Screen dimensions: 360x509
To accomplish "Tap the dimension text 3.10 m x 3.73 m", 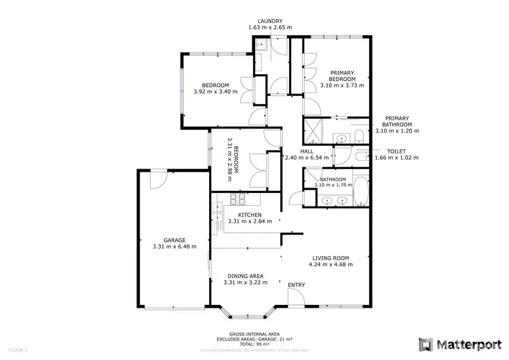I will pyautogui.click(x=342, y=86).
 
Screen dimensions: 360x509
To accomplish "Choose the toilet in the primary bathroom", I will pyautogui.click(x=360, y=134).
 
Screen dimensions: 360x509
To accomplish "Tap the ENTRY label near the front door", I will pyautogui.click(x=297, y=285).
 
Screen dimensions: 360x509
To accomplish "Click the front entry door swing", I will pyautogui.click(x=295, y=297).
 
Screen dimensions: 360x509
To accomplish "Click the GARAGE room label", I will pyautogui.click(x=174, y=240).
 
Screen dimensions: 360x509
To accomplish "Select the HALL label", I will pyautogui.click(x=307, y=151).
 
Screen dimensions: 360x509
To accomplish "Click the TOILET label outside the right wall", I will pyautogui.click(x=396, y=151).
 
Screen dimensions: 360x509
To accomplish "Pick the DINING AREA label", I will pyautogui.click(x=246, y=276).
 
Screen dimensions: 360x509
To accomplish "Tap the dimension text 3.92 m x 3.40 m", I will pyautogui.click(x=215, y=92).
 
